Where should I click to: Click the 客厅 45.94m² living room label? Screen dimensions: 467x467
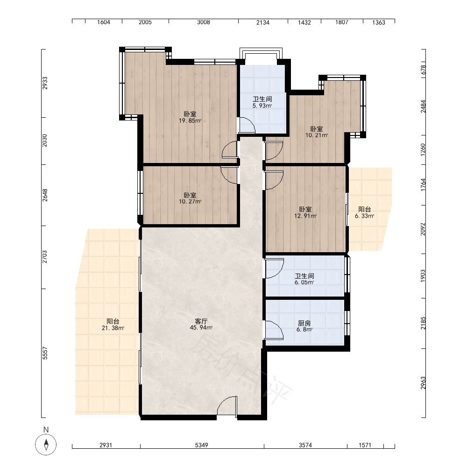(x=201, y=325)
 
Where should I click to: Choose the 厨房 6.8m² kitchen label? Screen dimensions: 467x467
(x=304, y=326)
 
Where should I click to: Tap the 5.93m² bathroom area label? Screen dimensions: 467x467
(x=262, y=106)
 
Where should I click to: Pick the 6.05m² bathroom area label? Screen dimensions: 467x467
(x=304, y=283)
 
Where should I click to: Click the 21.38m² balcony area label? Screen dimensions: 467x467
(x=113, y=328)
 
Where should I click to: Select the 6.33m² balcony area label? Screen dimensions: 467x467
(x=365, y=216)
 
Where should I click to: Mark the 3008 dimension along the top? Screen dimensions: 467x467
(x=204, y=22)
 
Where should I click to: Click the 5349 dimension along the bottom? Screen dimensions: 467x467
(x=202, y=445)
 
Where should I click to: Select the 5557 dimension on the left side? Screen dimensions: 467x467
(x=45, y=353)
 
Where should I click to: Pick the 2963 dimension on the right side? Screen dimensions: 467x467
(x=423, y=383)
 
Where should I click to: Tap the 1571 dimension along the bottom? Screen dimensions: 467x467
(x=365, y=445)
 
